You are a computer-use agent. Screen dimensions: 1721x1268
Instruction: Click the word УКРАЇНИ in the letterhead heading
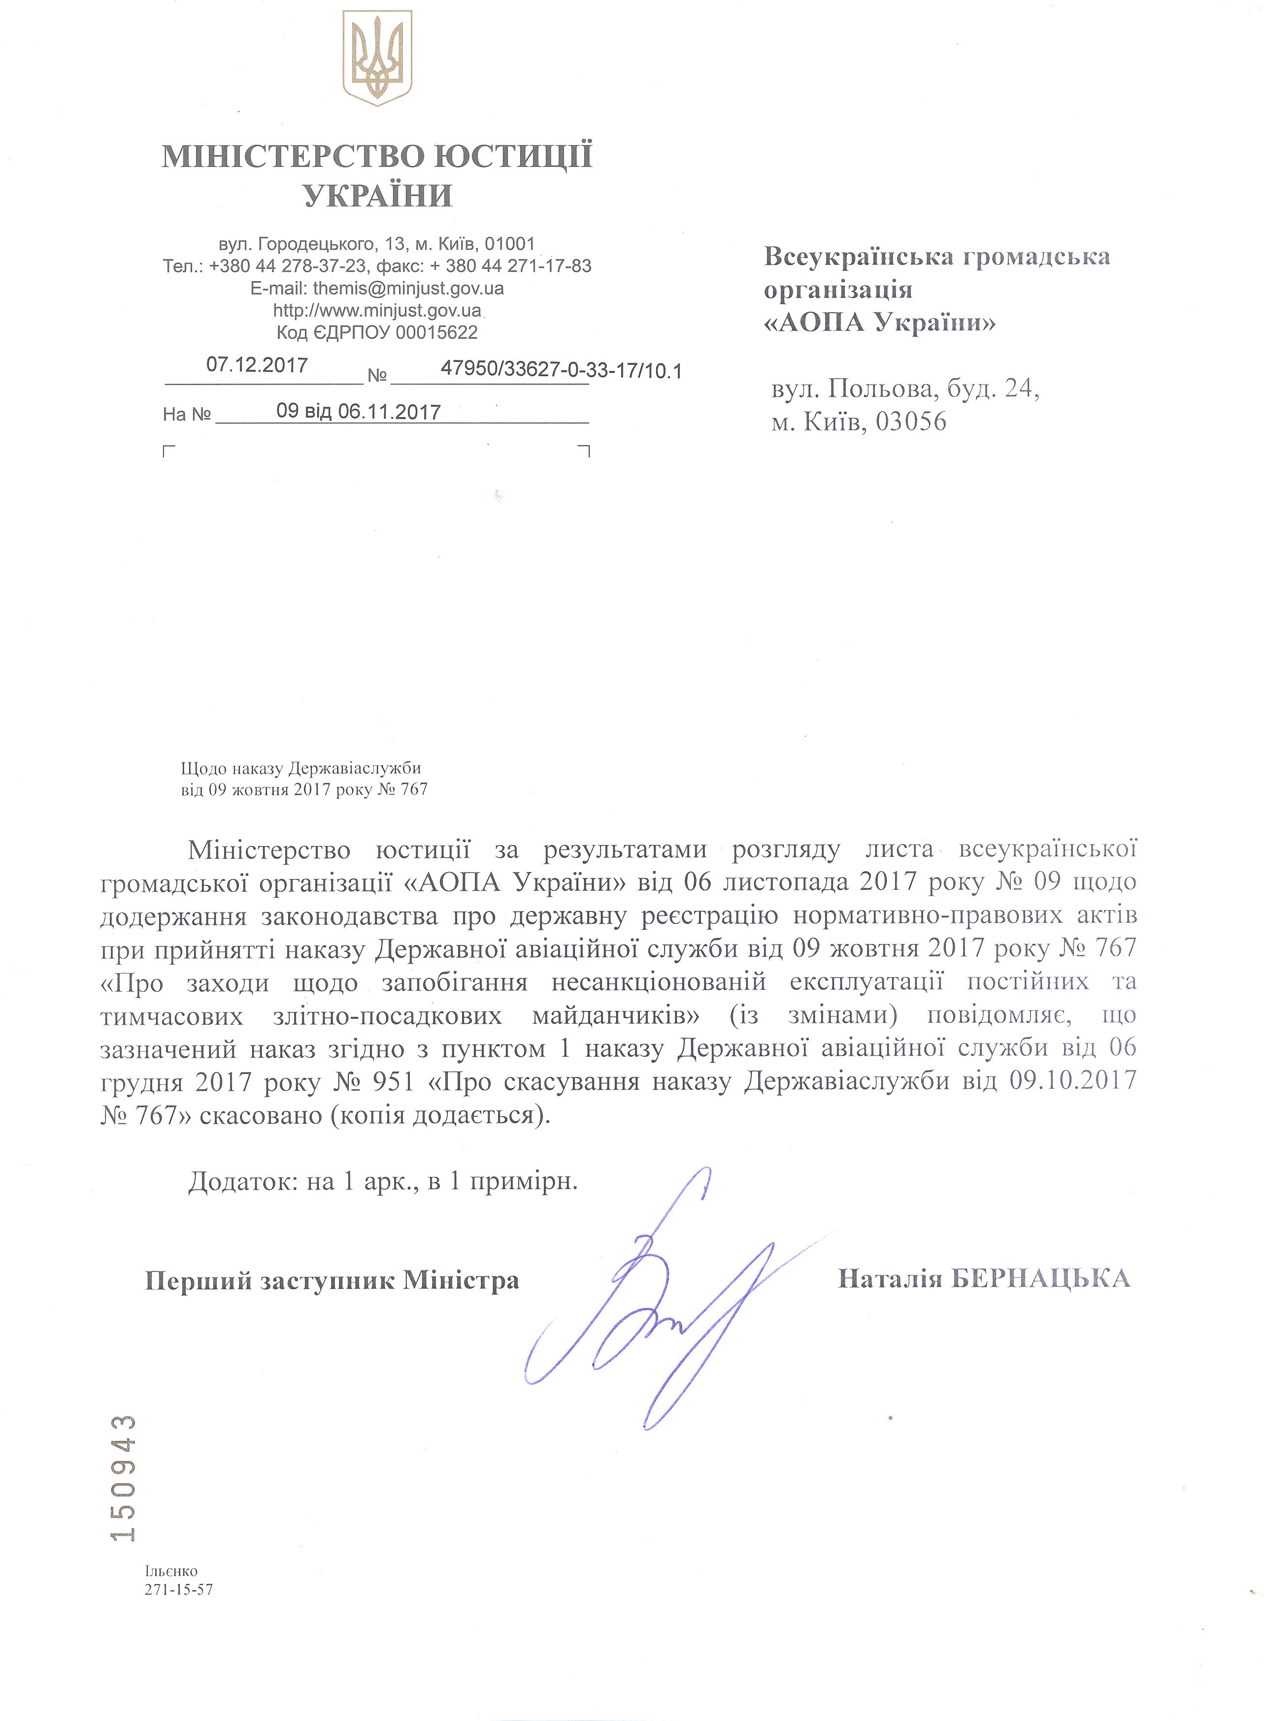(x=378, y=196)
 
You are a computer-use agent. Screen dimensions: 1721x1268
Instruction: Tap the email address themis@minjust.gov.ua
(x=408, y=289)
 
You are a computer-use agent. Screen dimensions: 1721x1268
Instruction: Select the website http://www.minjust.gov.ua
(x=377, y=311)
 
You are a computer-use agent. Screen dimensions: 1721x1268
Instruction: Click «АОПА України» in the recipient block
(x=880, y=323)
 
